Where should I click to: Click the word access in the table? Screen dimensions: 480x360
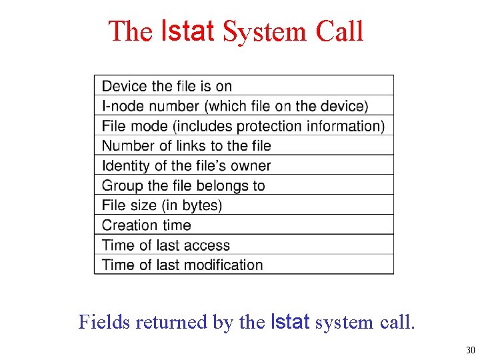[207, 245]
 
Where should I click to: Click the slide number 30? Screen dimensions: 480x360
[471, 351]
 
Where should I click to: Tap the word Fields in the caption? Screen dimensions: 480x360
[104, 322]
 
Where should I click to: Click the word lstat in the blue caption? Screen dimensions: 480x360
[290, 322]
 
